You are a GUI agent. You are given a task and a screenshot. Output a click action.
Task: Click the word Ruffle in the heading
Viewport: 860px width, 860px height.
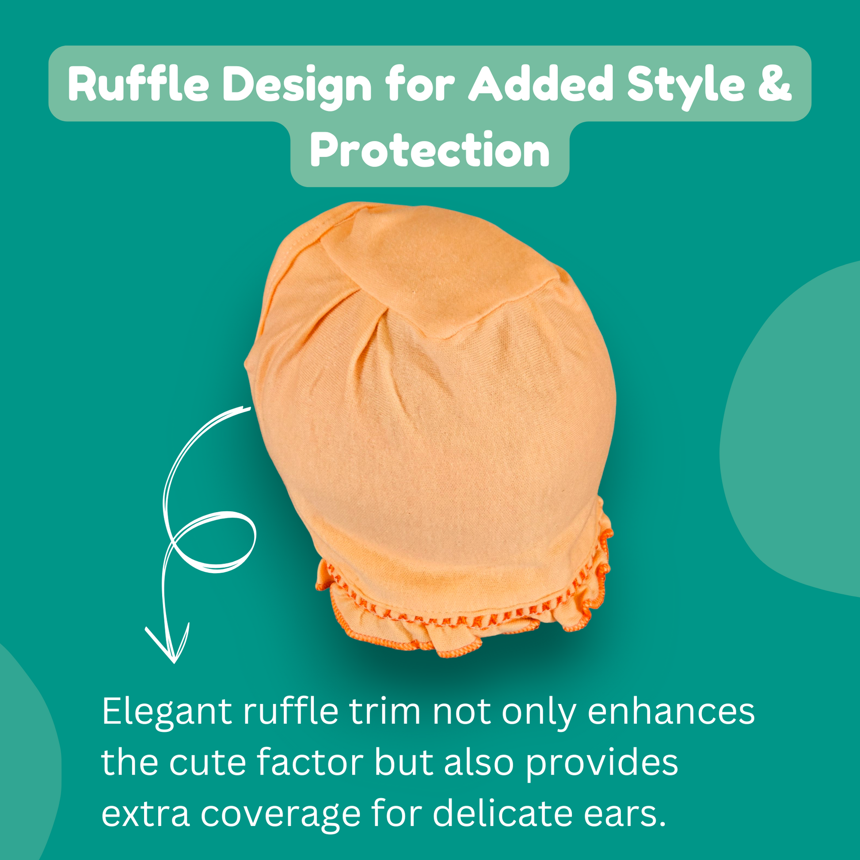tap(138, 83)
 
